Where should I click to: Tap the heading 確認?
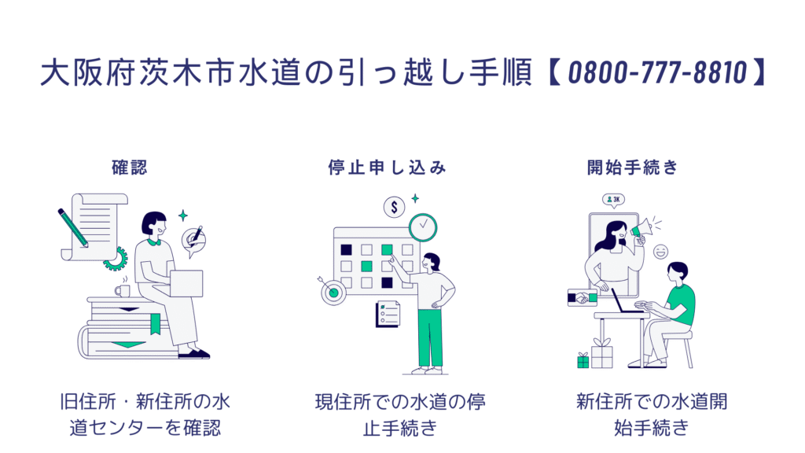coord(129,168)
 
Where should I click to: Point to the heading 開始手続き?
coord(632,168)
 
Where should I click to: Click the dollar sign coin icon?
coord(394,208)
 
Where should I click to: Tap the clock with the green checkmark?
coord(423,226)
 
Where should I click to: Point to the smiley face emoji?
coord(660,252)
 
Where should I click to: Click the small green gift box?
coord(583,361)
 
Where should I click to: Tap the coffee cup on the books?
coord(122,290)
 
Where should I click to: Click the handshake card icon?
coord(583,297)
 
